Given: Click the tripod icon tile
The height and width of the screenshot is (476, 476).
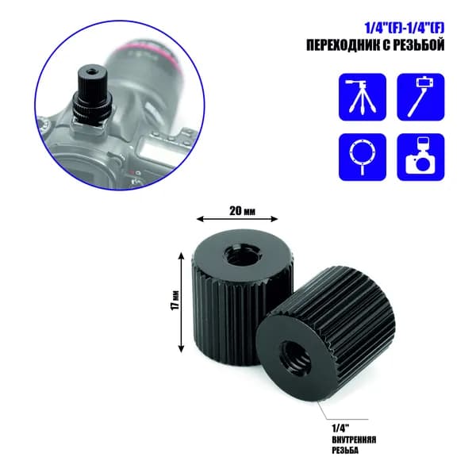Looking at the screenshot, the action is (x=363, y=97).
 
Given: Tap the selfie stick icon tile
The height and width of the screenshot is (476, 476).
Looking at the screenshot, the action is (x=420, y=97).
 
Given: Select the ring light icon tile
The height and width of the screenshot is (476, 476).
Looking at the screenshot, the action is (x=363, y=157).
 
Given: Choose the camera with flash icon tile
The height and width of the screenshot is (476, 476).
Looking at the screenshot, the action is (x=420, y=157).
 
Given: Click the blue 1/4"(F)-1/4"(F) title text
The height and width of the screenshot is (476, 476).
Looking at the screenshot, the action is (x=405, y=29).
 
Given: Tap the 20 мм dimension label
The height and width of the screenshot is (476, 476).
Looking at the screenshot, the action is (x=242, y=211).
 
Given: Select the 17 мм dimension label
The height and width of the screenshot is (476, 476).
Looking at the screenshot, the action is (x=175, y=300).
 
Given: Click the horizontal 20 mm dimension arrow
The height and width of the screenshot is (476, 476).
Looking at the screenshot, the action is (x=237, y=219).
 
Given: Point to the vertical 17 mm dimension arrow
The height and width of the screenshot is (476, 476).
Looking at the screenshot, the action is (x=181, y=302).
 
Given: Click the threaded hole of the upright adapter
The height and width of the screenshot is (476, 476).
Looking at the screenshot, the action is (x=237, y=256).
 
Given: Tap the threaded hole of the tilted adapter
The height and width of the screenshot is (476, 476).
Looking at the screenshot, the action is (x=295, y=355).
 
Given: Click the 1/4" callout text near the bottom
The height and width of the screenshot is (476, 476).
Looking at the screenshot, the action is (x=341, y=428).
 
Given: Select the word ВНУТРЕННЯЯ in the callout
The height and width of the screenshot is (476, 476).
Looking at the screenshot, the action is (x=354, y=440).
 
